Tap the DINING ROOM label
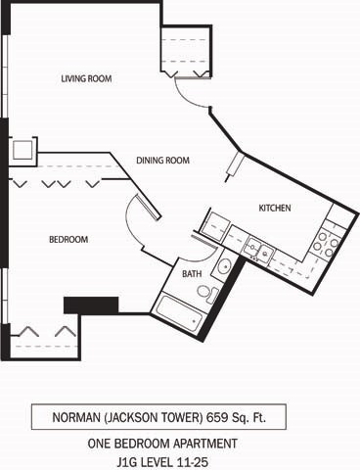click(x=162, y=161)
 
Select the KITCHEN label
click(x=275, y=208)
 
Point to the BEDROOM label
click(x=68, y=239)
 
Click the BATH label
click(x=193, y=273)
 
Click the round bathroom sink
click(x=224, y=265)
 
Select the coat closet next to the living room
click(x=185, y=54)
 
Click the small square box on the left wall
click(x=22, y=151)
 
